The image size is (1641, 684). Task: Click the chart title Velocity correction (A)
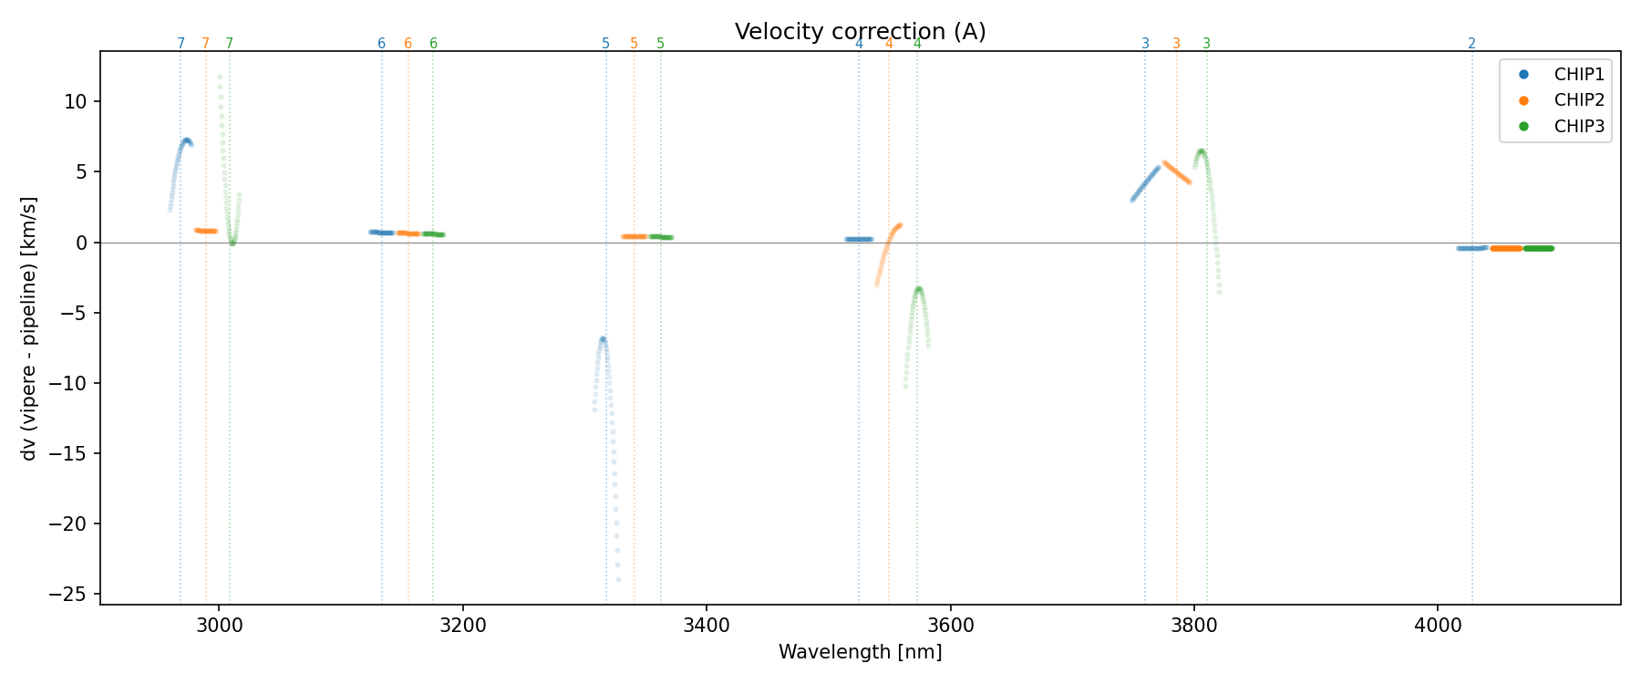pos(860,32)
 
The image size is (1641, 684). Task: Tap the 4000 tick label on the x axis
pos(1438,625)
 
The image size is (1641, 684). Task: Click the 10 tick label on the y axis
pos(77,101)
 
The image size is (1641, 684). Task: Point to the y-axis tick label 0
pos(82,243)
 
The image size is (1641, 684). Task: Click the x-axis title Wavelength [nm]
pos(860,652)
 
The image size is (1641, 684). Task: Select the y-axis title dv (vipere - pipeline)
pos(29,327)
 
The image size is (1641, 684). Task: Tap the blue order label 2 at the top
pos(1471,44)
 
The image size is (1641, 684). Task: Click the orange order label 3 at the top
pos(1176,44)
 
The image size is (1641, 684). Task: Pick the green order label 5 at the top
pos(661,44)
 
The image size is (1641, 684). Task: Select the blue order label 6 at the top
pos(381,44)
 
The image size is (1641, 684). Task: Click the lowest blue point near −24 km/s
pos(618,579)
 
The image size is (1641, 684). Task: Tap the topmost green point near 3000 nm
pos(220,78)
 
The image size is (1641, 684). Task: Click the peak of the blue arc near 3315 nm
pos(603,339)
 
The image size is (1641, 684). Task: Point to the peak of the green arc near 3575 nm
pos(919,289)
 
